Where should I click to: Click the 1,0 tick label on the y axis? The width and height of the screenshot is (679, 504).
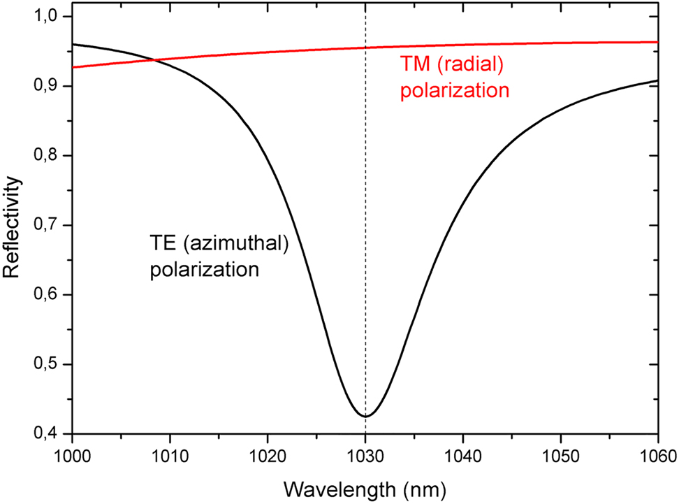pyautogui.click(x=49, y=17)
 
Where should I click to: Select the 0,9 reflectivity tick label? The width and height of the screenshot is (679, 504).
pyautogui.click(x=49, y=87)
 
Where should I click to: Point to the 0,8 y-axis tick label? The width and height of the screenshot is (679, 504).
pyautogui.click(x=49, y=156)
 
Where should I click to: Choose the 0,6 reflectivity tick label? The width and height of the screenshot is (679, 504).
pyautogui.click(x=49, y=295)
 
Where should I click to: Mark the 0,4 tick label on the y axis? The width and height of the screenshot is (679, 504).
pyautogui.click(x=49, y=434)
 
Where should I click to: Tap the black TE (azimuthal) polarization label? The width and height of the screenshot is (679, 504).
pyautogui.click(x=218, y=256)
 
